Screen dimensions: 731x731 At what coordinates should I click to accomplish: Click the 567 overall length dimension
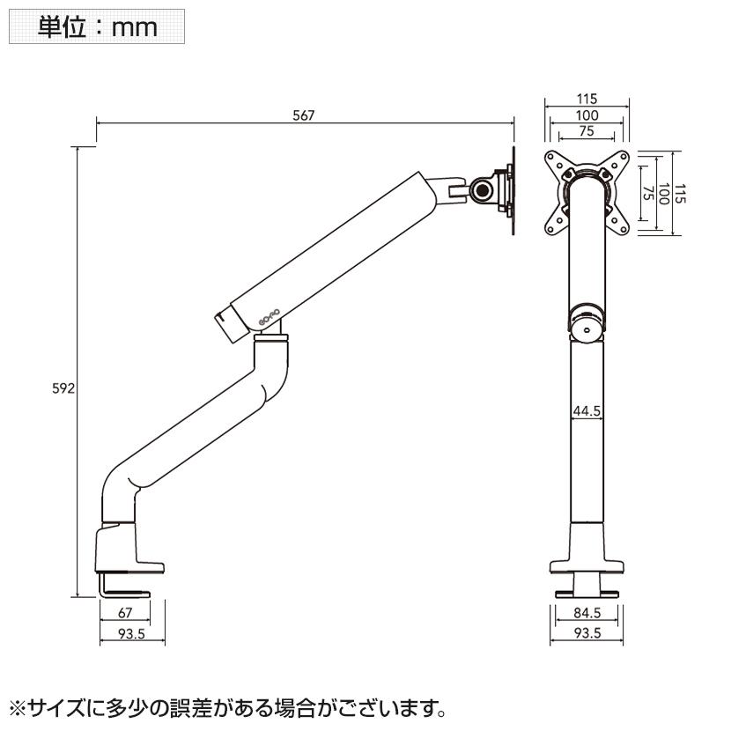click(303, 115)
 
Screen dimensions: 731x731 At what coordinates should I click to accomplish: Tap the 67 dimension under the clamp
click(125, 614)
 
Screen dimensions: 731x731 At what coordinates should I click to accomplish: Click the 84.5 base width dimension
click(587, 614)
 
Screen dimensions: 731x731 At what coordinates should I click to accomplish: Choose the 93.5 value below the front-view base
click(587, 632)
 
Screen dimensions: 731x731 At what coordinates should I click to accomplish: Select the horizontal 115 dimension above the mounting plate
click(587, 99)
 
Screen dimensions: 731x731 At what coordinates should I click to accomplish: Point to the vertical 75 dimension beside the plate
click(647, 194)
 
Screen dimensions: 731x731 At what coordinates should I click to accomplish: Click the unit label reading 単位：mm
click(97, 26)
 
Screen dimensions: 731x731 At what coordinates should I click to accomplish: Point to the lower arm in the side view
click(194, 432)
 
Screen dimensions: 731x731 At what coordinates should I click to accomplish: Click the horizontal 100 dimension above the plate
click(587, 114)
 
